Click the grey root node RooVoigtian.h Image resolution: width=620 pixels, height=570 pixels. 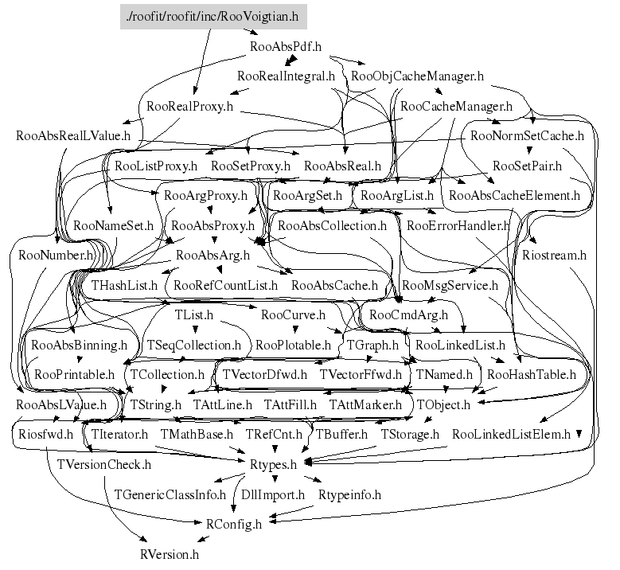click(213, 17)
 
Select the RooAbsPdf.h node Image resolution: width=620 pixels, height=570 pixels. click(286, 47)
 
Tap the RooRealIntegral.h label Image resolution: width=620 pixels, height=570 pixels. click(286, 76)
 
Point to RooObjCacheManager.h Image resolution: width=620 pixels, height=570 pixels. click(417, 76)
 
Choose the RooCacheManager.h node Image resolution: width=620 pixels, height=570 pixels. click(456, 107)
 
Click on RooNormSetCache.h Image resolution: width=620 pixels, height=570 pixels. click(527, 136)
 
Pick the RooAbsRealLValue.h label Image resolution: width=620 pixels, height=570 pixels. click(73, 136)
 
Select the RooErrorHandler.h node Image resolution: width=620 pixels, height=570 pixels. click(458, 226)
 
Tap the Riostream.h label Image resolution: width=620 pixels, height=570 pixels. click(555, 256)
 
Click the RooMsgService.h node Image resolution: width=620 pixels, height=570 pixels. click(450, 286)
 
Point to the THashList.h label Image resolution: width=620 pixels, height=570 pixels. click(124, 286)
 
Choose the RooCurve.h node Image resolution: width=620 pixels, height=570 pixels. click(294, 315)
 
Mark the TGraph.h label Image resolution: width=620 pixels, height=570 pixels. click(372, 346)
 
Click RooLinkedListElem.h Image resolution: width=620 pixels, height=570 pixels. click(511, 435)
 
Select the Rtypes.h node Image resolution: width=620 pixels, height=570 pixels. click(273, 464)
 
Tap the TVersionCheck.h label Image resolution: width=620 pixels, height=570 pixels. click(104, 464)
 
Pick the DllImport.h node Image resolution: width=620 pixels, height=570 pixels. click(273, 495)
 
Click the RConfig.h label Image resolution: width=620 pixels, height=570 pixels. click(234, 525)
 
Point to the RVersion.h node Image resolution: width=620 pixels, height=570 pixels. click(170, 555)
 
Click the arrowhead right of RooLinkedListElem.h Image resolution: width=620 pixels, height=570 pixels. click(579, 434)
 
